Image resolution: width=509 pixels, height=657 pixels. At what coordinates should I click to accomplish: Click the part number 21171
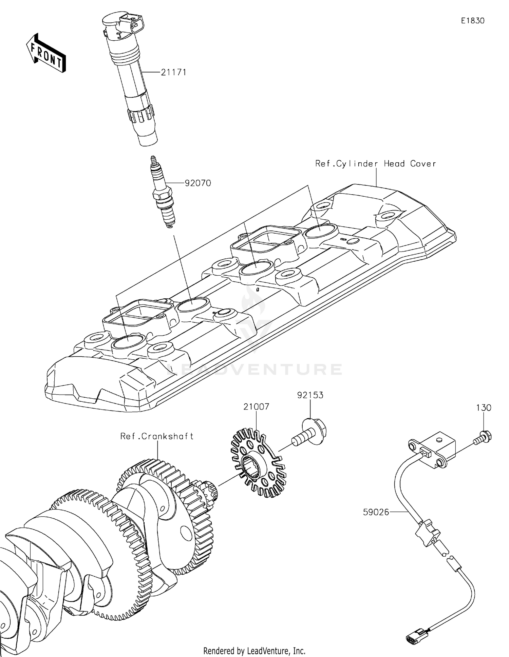point(173,72)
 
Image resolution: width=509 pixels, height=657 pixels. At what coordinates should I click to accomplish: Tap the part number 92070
point(198,183)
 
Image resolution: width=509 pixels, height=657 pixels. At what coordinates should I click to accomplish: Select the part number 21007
point(256,406)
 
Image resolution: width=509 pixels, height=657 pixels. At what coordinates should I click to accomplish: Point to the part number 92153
point(310,395)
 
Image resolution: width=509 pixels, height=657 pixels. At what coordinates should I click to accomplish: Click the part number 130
point(484,408)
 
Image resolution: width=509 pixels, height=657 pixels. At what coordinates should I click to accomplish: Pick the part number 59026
point(376,512)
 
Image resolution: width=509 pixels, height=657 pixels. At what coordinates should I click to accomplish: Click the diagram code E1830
point(473,21)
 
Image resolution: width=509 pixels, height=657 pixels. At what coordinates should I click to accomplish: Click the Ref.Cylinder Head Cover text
point(375,164)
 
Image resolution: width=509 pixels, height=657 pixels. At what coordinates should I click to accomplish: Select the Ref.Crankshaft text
point(157,436)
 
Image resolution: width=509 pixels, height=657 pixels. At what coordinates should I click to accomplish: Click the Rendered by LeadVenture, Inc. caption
point(254,650)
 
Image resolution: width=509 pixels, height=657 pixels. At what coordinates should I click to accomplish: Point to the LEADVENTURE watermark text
point(254,370)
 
